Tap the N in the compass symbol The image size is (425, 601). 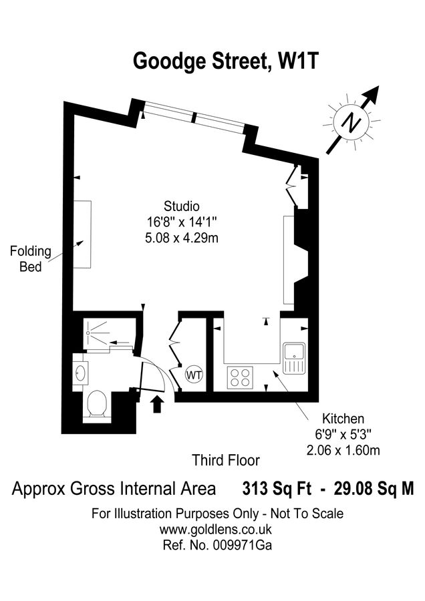point(350,122)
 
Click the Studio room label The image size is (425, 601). point(182,206)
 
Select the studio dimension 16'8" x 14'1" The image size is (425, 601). point(182,222)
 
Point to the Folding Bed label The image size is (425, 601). point(30,259)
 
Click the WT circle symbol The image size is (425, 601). point(194,374)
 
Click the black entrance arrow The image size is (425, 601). point(158,404)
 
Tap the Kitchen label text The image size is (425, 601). point(343,419)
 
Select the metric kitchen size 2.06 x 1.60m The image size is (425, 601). point(343,451)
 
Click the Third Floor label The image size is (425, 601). point(225,460)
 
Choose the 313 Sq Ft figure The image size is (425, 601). point(277,489)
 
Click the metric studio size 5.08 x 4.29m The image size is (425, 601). point(182,238)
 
